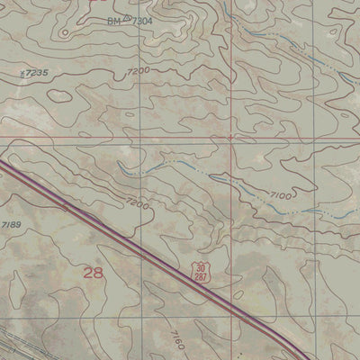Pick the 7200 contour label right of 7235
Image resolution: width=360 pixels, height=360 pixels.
[x=138, y=71]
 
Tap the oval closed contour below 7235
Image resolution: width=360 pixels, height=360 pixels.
[x=59, y=94]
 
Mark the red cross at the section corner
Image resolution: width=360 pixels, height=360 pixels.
[x=231, y=138]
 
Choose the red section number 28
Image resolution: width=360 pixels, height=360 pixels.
[x=93, y=272]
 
